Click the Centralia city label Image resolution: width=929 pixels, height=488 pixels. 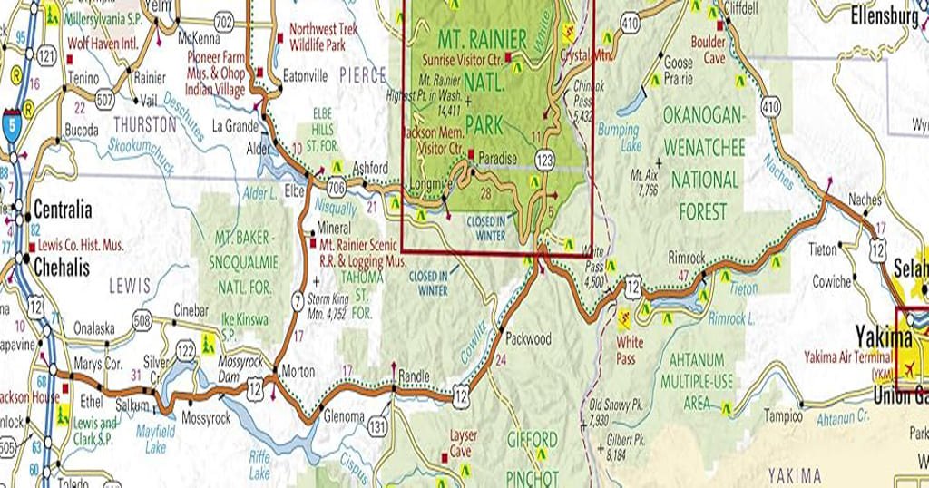[63, 210]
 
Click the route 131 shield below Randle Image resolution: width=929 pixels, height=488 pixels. [376, 426]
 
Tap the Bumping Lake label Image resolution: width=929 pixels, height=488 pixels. [618, 138]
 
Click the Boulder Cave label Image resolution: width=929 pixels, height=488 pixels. [708, 50]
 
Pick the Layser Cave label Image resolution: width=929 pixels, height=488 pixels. [463, 443]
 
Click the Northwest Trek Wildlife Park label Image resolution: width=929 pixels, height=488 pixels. [323, 36]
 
